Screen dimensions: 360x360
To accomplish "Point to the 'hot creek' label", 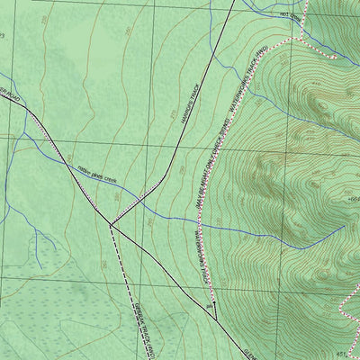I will coord(289,14).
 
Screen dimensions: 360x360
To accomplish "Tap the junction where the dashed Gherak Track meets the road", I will coord(110,224).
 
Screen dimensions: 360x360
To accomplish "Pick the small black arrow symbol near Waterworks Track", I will coord(214,308).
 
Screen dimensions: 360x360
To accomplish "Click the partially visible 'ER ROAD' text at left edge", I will coord(7,93).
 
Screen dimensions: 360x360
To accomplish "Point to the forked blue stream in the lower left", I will coord(36,236).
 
